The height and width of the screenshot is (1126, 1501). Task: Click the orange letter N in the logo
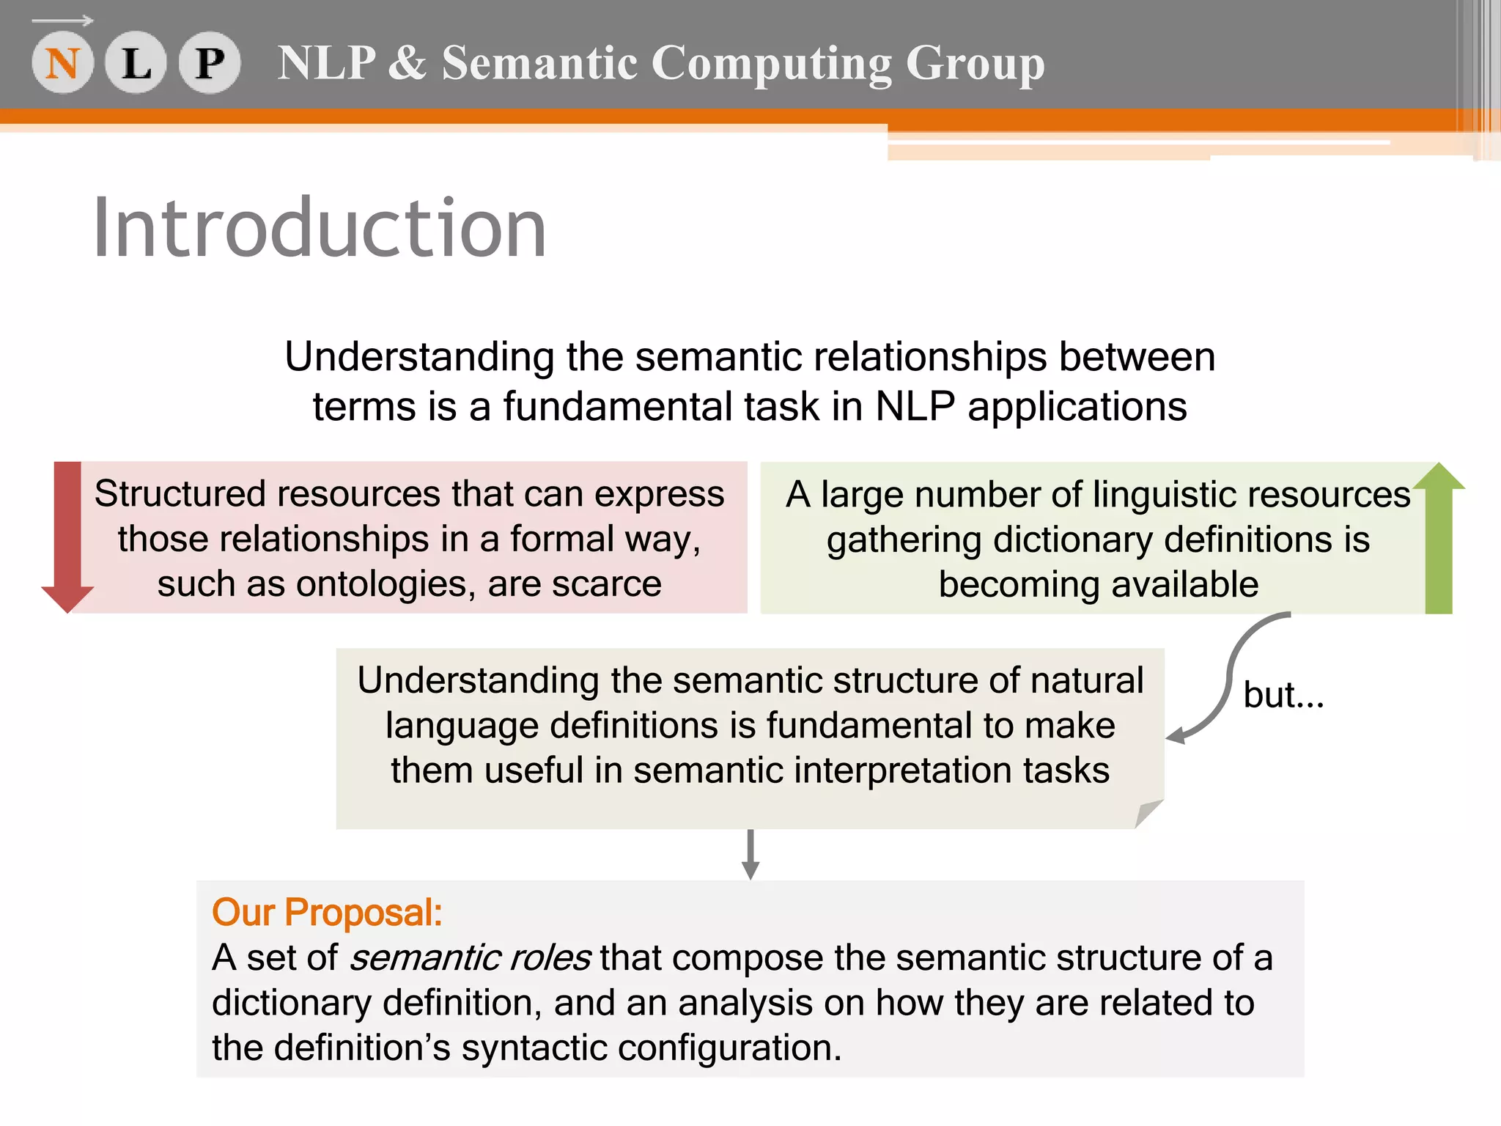62,63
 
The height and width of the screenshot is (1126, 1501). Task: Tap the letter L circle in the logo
136,63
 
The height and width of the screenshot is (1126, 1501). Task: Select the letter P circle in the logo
210,63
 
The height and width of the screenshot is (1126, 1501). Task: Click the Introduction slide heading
320,229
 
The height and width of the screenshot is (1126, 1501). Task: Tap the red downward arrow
67,537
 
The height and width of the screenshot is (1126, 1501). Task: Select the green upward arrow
1439,537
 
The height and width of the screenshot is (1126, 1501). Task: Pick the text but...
1283,695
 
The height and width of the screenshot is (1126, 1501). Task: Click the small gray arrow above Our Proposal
750,855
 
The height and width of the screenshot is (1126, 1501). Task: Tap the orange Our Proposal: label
327,913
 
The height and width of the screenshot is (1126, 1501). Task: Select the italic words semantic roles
469,958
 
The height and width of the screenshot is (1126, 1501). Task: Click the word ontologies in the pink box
380,584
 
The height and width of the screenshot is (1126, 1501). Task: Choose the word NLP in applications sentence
915,407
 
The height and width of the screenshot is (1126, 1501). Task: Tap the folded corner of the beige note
1148,814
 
